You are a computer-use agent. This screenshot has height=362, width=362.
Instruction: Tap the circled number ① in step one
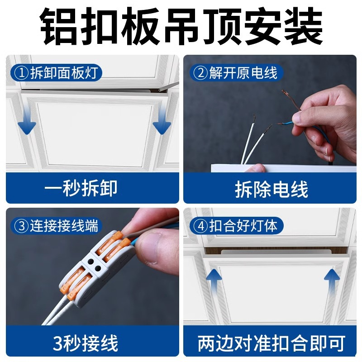(x=20, y=72)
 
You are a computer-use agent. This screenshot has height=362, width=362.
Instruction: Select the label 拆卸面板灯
(x=66, y=72)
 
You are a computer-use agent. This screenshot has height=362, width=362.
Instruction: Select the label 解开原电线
(x=243, y=72)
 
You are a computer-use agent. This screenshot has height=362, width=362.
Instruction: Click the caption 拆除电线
(x=271, y=189)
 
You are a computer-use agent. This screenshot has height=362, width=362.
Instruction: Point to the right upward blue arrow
(x=332, y=277)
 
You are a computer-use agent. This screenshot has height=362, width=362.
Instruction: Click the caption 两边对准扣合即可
(x=271, y=343)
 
